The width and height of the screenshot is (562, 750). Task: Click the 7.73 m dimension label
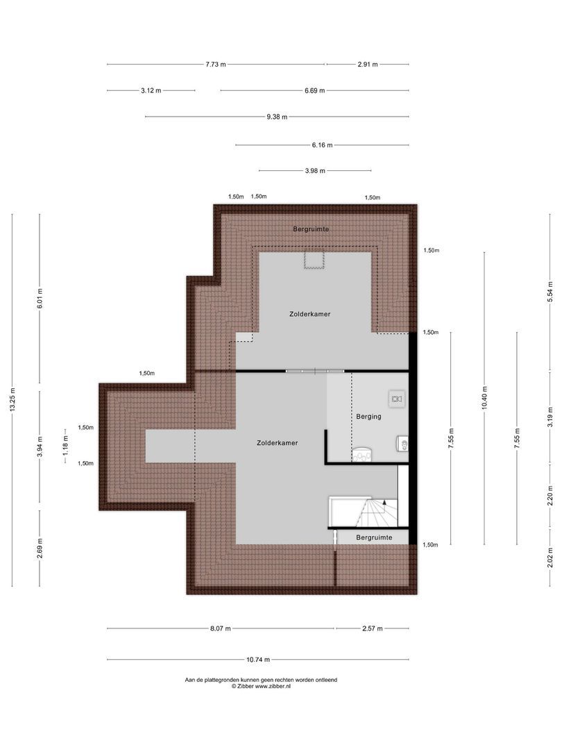(x=215, y=64)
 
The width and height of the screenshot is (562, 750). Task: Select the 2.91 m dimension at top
(x=368, y=64)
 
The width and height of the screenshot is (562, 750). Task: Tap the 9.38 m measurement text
(x=276, y=117)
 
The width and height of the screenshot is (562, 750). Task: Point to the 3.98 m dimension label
(x=315, y=171)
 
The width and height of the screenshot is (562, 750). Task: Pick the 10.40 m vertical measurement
(x=484, y=399)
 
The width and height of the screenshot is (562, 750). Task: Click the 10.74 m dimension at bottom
(x=258, y=660)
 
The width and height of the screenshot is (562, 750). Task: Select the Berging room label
(x=369, y=417)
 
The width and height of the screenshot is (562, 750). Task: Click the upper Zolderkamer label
(x=309, y=314)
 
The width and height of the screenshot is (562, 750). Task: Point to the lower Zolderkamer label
(x=277, y=442)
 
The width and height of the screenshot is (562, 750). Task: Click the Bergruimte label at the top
(x=311, y=228)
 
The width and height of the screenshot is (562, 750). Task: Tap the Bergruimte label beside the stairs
(x=374, y=537)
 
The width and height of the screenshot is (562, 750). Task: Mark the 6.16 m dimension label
(x=322, y=145)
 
